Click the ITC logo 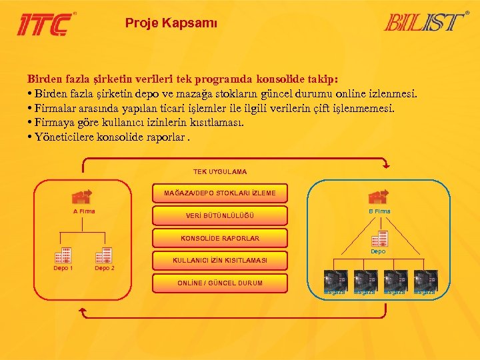[x=45, y=23]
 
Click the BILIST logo [x=425, y=22]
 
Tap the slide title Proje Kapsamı [x=171, y=23]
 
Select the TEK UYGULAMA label [x=219, y=172]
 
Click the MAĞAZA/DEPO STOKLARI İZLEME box [x=220, y=193]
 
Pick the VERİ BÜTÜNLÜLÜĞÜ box [x=220, y=215]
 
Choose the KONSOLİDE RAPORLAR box [x=220, y=238]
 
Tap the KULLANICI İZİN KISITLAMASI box [x=220, y=261]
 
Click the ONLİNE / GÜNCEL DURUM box [x=220, y=283]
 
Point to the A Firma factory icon [x=82, y=197]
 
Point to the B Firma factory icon [x=379, y=196]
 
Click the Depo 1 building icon [x=63, y=255]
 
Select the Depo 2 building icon [x=104, y=255]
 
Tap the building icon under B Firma [x=379, y=239]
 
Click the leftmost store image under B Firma [x=333, y=279]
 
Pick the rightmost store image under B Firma [x=425, y=279]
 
